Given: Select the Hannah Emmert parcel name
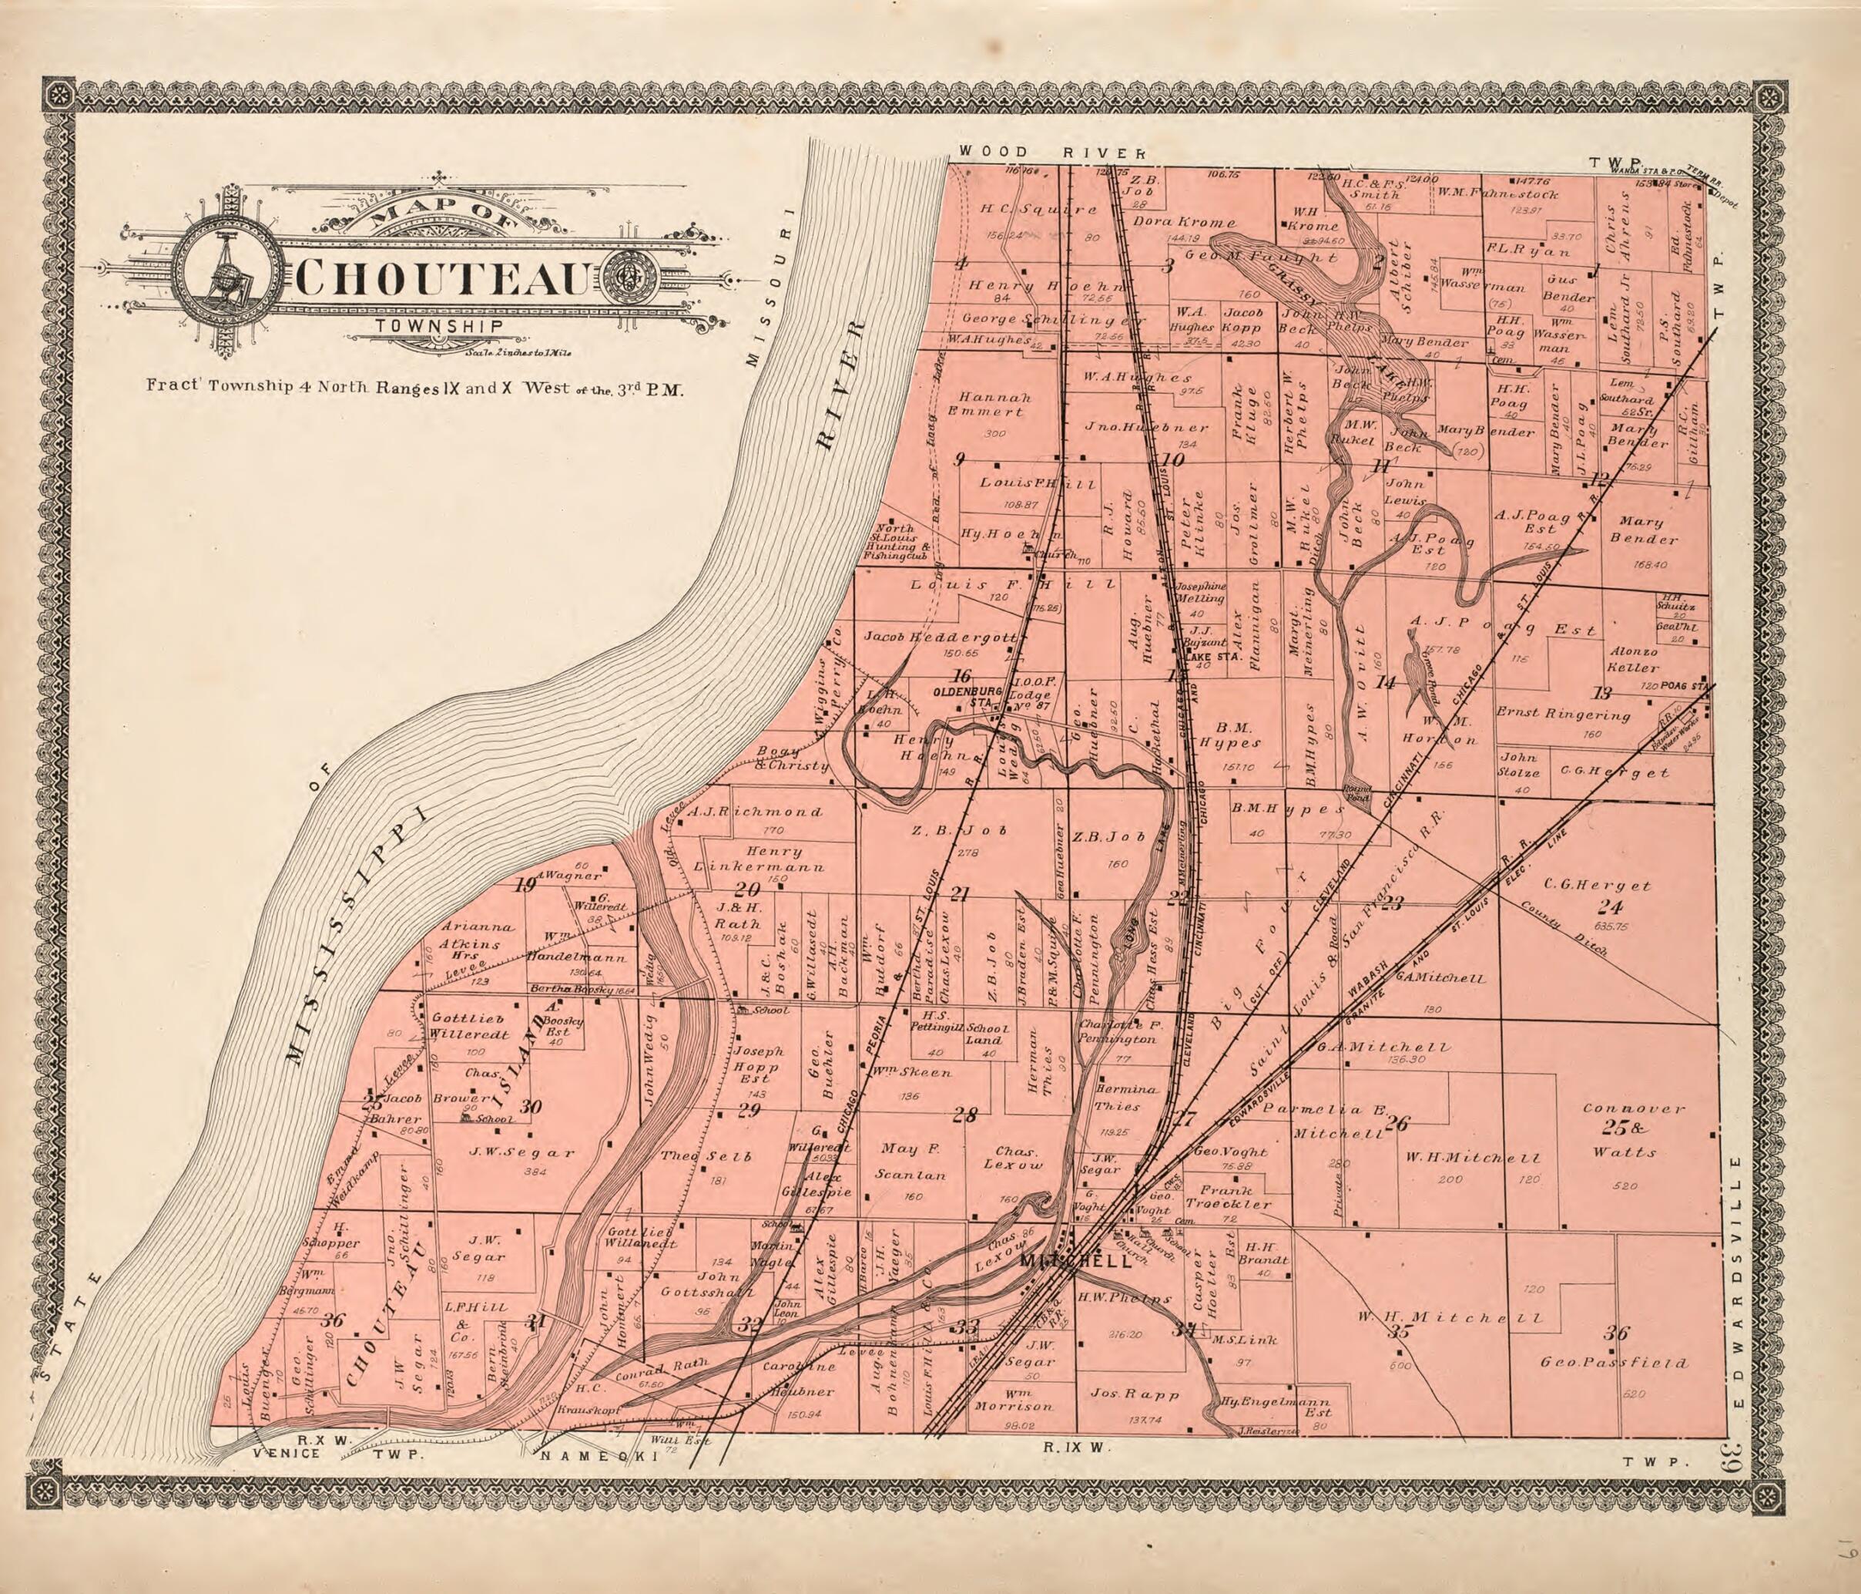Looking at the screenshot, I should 994,405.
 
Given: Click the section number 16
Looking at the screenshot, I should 962,676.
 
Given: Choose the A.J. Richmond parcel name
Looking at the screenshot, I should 756,812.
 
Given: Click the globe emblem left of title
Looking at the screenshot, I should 227,276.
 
